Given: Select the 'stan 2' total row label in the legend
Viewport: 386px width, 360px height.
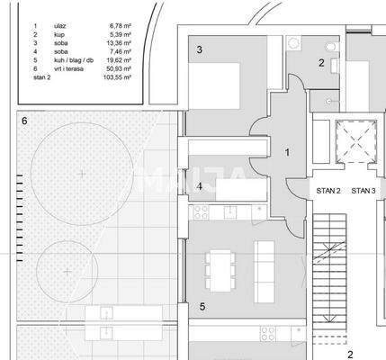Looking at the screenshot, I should pos(42,79).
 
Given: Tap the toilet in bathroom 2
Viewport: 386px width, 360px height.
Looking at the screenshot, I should pos(332,48).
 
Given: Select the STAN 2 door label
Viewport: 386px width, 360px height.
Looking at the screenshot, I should pos(328,191).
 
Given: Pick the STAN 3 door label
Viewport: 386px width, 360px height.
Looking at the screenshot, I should pos(363,191).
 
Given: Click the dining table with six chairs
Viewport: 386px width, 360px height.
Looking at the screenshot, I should pos(221,269).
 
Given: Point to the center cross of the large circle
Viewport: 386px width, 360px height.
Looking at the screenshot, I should pos(81,171).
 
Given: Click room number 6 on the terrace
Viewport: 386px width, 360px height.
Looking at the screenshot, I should pos(24,121).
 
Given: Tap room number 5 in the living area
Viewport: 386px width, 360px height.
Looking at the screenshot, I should pos(202,307).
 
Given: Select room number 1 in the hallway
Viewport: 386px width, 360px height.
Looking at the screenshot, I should pos(287,153).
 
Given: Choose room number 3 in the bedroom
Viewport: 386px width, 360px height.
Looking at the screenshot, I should pos(199,49).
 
